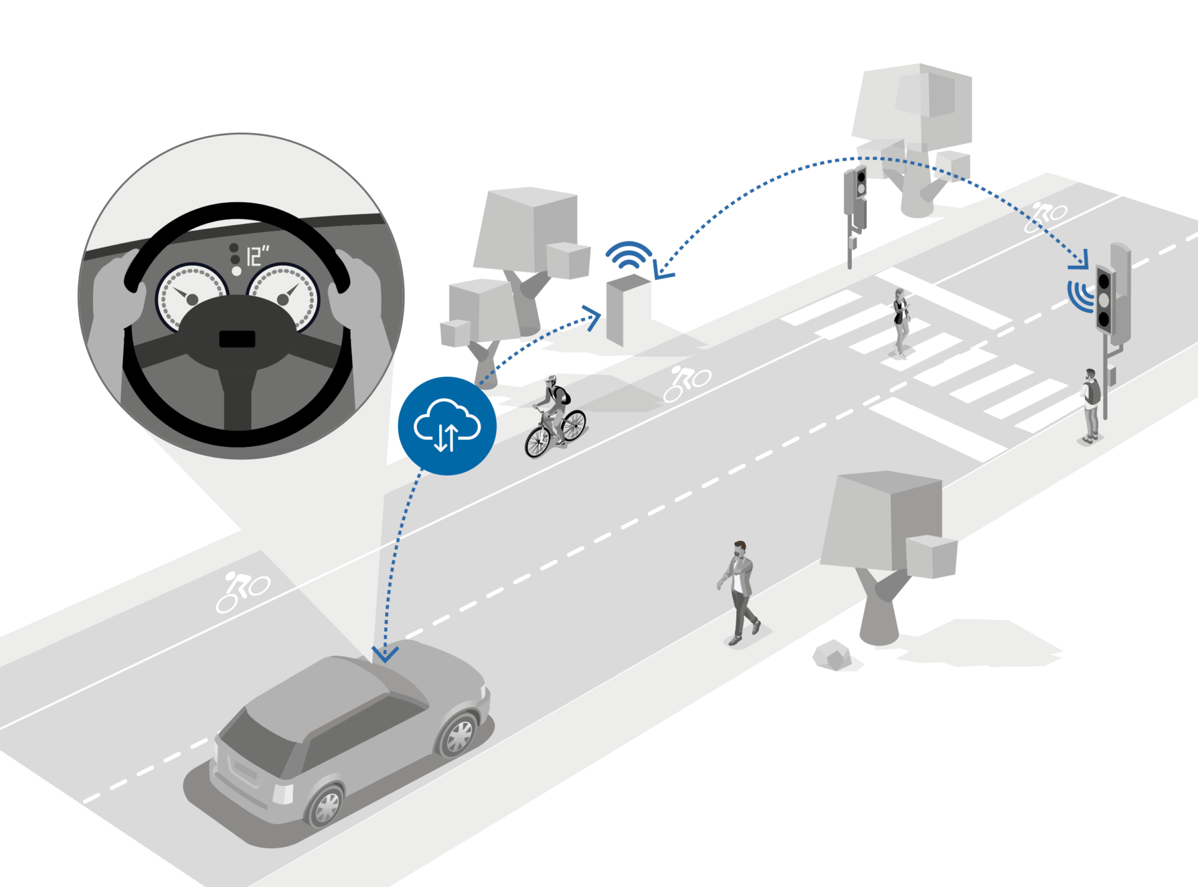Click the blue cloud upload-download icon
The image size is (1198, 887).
click(447, 426)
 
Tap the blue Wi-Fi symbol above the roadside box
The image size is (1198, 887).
click(629, 254)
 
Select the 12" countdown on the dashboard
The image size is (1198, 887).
click(256, 256)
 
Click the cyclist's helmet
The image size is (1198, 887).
click(550, 379)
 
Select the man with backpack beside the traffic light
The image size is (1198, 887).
click(1091, 405)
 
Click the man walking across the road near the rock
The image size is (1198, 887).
click(739, 593)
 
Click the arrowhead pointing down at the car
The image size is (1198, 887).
click(385, 654)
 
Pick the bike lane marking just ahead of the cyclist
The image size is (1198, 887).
click(687, 383)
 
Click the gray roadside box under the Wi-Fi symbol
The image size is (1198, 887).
click(629, 309)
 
